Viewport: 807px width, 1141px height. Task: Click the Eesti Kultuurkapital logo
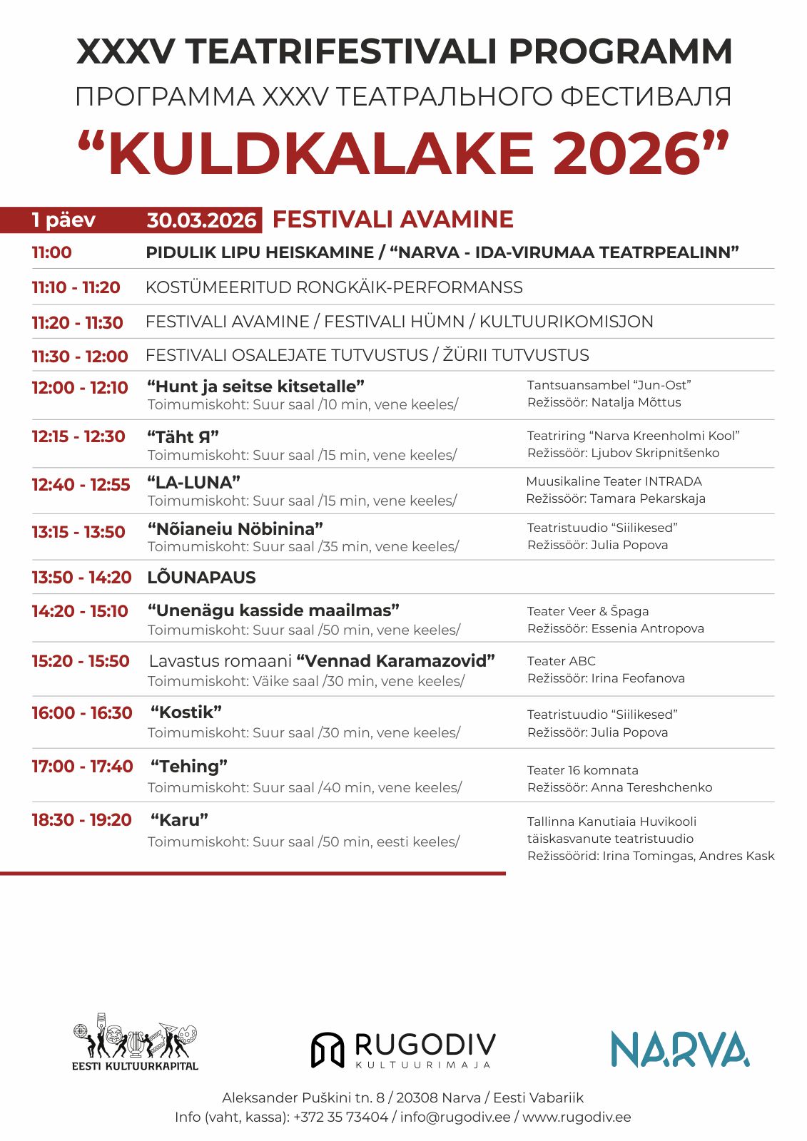click(x=135, y=1042)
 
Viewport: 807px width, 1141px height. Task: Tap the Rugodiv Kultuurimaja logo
click(x=403, y=1050)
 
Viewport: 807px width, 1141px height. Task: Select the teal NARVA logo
click(x=679, y=1049)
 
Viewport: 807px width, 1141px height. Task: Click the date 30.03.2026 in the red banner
click(x=201, y=220)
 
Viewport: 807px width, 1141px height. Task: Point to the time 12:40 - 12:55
click(x=81, y=485)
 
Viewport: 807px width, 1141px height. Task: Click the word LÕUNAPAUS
click(x=201, y=578)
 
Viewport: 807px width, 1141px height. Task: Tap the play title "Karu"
click(x=179, y=820)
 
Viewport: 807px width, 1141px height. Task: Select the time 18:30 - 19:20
click(x=81, y=820)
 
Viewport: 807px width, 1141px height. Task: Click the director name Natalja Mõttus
click(x=636, y=402)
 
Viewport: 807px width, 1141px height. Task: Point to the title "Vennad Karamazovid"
click(x=395, y=661)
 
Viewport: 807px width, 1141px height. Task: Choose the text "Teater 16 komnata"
click(x=582, y=770)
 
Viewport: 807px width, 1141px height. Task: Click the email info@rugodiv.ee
click(x=455, y=1117)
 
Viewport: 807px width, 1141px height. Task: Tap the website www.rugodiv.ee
click(x=577, y=1117)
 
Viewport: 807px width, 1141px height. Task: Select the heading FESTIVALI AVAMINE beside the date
click(x=392, y=220)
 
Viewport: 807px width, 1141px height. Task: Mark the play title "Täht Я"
click(x=183, y=436)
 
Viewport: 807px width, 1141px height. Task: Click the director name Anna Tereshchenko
click(x=651, y=787)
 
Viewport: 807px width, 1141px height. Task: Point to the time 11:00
click(x=51, y=252)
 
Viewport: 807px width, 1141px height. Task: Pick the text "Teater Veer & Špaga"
click(x=587, y=611)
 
